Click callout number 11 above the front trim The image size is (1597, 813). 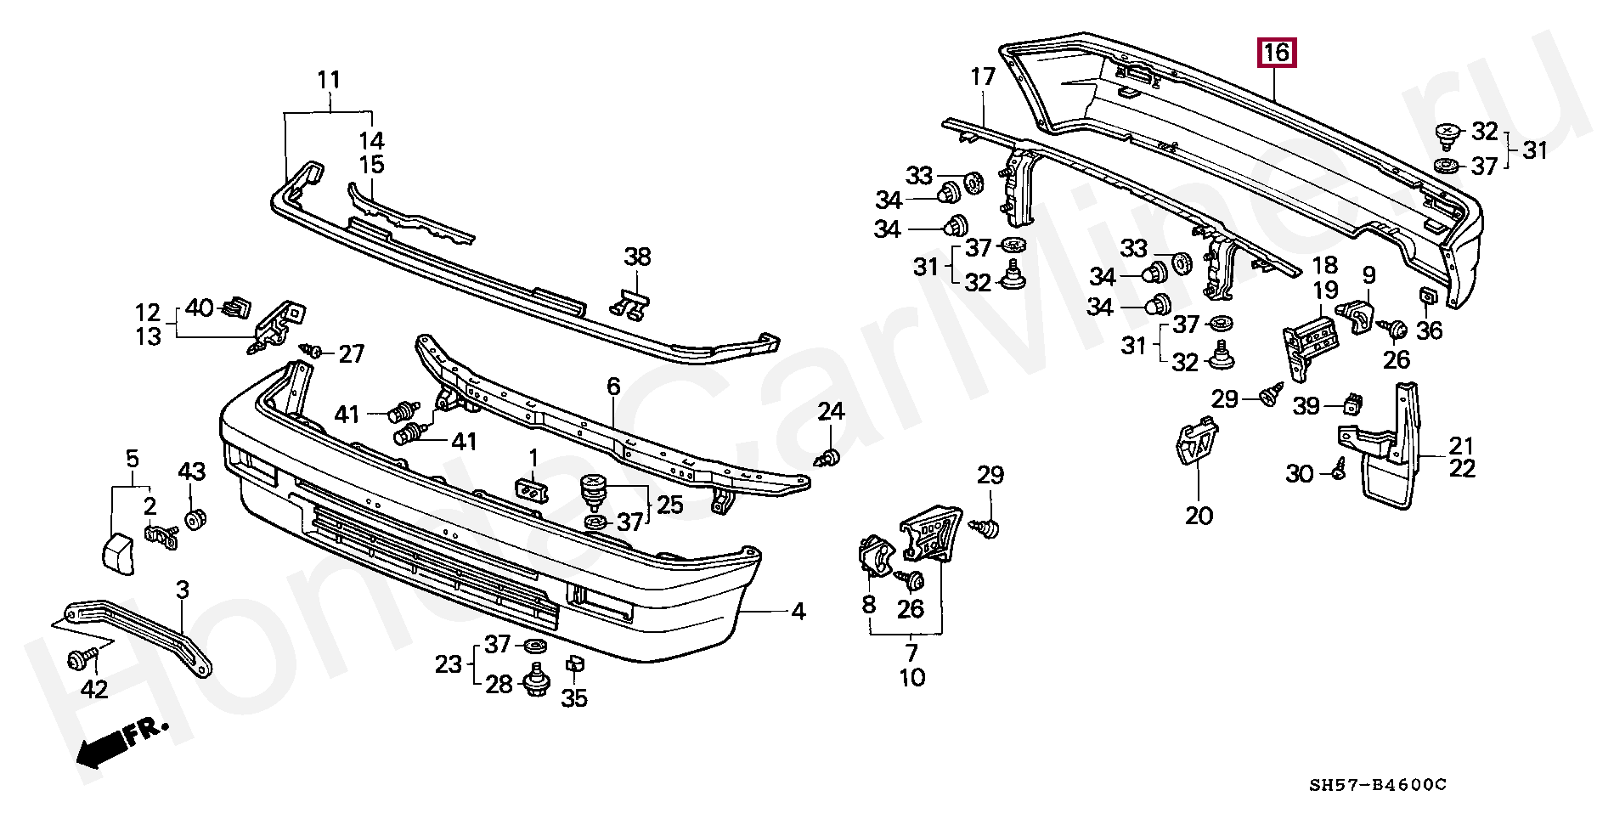(x=329, y=81)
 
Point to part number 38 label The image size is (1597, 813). (x=637, y=256)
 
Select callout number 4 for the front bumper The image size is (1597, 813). (x=798, y=611)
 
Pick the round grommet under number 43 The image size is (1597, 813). (x=195, y=518)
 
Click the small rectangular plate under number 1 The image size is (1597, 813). (x=531, y=491)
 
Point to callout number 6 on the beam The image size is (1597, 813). (x=613, y=387)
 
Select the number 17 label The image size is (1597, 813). (x=982, y=77)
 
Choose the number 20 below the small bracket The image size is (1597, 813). (x=1199, y=515)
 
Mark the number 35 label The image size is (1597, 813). (x=574, y=698)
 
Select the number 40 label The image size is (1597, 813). (x=200, y=308)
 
